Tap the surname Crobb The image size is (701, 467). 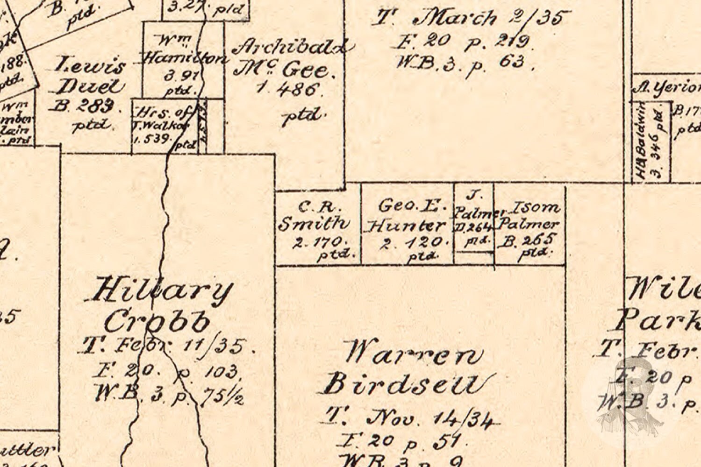[157, 321]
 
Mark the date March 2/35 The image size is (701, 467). [491, 19]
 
